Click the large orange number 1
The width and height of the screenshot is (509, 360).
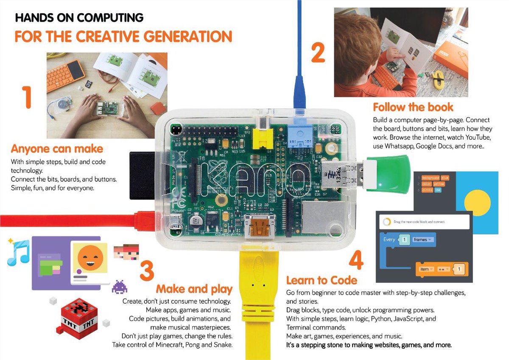coord(27,97)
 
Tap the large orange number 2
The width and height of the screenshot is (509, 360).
coord(318,52)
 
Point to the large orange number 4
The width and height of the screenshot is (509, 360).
coord(356,260)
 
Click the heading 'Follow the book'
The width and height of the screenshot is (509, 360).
coord(413,107)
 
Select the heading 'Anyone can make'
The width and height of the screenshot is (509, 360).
coord(57,149)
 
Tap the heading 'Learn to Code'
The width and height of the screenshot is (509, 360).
coord(322,280)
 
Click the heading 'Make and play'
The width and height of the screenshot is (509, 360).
coord(194,289)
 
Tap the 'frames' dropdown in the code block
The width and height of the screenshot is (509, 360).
coord(422,240)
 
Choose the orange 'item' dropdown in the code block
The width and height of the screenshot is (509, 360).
coord(425,269)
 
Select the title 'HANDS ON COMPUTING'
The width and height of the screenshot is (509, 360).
coord(79,18)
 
